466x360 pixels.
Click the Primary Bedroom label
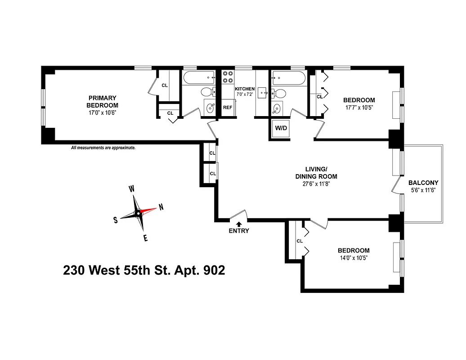(x=102, y=101)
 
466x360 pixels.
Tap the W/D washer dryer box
(x=281, y=128)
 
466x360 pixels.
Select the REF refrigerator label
(x=228, y=108)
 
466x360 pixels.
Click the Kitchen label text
(x=245, y=89)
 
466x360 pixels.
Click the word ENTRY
(x=239, y=231)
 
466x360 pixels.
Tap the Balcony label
(x=423, y=183)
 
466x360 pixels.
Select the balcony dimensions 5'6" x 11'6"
(x=423, y=190)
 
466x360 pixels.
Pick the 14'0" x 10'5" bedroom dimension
(x=354, y=258)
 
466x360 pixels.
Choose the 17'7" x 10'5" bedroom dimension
(x=359, y=108)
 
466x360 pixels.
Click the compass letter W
(x=132, y=189)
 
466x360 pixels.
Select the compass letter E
(x=145, y=238)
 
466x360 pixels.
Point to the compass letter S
(x=116, y=220)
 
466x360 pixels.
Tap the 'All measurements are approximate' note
(x=103, y=148)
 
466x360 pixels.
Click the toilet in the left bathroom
(x=207, y=92)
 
